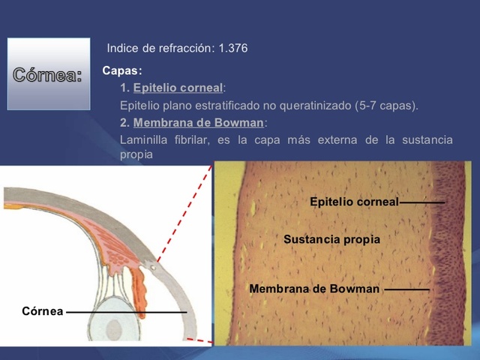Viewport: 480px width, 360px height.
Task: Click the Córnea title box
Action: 48,75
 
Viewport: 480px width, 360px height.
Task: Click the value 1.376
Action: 233,49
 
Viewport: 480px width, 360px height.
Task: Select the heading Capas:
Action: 122,71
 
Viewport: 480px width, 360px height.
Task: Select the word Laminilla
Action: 144,140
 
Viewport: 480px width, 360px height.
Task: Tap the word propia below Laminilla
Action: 136,154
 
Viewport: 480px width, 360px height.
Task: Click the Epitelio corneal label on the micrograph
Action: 354,202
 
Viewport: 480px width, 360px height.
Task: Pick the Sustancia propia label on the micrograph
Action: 331,239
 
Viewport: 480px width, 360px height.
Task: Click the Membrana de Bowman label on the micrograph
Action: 314,289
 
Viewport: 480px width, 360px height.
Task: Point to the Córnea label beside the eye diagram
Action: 42,310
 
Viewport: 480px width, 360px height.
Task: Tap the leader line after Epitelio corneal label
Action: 422,202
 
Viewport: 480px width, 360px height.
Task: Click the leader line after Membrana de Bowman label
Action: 406,289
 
